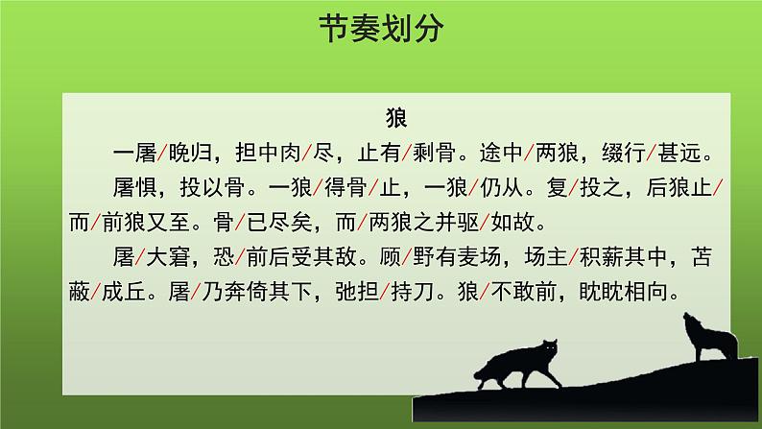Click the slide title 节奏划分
[x=381, y=32]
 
